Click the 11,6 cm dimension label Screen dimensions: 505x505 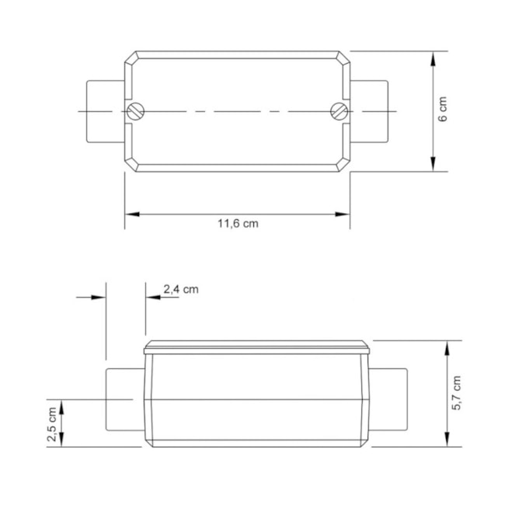click(238, 224)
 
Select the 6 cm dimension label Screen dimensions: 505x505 click(443, 109)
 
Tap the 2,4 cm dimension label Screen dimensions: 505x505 click(181, 290)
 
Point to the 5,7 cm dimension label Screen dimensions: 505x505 click(456, 393)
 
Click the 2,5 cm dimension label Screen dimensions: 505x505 click(52, 424)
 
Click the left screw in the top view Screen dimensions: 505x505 click(135, 111)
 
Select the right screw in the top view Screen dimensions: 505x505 click(340, 111)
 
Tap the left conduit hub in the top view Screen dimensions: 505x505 click(106, 111)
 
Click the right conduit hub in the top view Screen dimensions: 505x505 click(369, 111)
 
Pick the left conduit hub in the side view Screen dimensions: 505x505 click(125, 399)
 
